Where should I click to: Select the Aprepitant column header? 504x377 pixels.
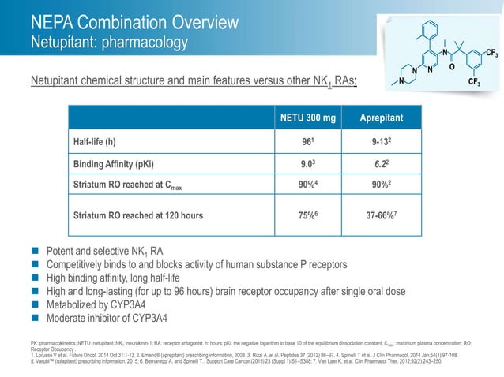click(382, 118)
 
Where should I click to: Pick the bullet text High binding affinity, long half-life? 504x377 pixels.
click(122, 278)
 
